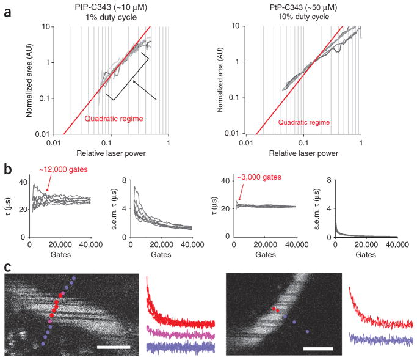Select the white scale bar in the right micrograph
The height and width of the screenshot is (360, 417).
pyautogui.click(x=318, y=348)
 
